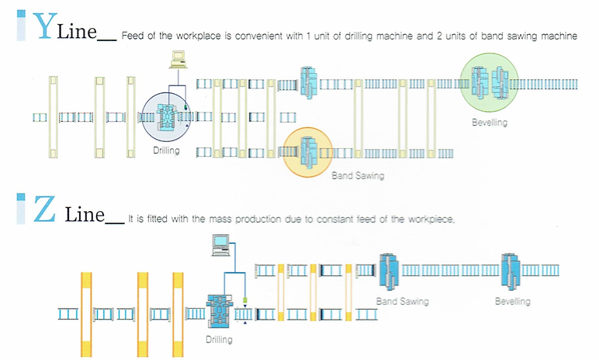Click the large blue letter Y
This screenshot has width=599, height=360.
pyautogui.click(x=45, y=27)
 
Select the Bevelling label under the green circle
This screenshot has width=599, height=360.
pyautogui.click(x=489, y=123)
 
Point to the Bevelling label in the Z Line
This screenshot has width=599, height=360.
pyautogui.click(x=512, y=300)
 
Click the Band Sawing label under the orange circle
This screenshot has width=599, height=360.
pyautogui.click(x=358, y=176)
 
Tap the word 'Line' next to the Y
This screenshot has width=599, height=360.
pyautogui.click(x=81, y=32)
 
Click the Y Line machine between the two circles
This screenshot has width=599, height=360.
pyautogui.click(x=308, y=83)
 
